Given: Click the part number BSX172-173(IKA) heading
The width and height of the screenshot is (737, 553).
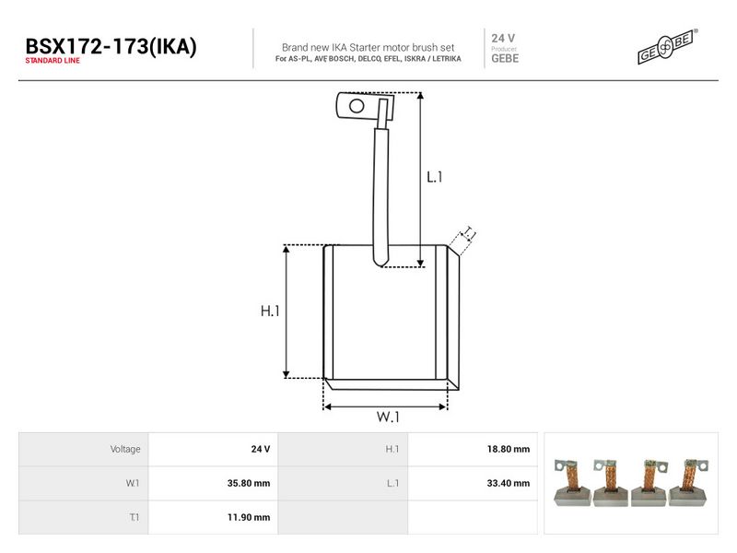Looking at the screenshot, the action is click(x=111, y=47).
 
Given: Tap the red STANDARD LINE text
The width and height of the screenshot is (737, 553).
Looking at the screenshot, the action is click(x=53, y=61).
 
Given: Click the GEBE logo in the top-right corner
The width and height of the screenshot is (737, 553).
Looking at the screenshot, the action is click(x=667, y=46).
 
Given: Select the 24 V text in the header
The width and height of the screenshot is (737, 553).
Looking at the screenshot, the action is click(x=503, y=38).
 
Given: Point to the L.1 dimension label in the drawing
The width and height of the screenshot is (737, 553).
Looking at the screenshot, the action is click(x=434, y=177).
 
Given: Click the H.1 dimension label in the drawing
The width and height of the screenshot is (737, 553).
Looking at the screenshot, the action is click(x=270, y=311).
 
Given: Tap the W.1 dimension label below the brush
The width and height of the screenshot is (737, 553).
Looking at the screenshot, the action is click(x=388, y=417).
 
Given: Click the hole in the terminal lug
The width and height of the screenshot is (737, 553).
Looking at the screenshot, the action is click(x=357, y=106).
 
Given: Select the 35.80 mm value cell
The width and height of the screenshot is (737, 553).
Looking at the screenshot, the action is click(x=249, y=483).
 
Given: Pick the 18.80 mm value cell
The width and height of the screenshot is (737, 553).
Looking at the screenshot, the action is click(x=509, y=449).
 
